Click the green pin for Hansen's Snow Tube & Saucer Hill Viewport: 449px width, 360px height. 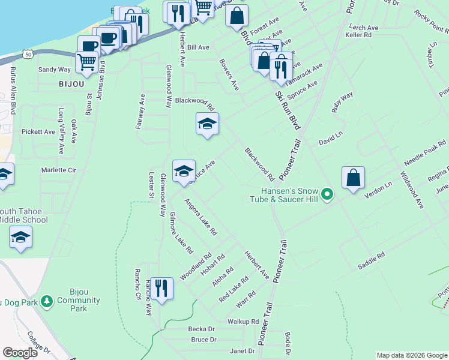pos(327,194)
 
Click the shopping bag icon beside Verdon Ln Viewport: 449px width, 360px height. pos(354,178)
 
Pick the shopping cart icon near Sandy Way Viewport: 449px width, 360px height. pos(88,61)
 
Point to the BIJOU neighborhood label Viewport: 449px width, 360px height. pos(71,85)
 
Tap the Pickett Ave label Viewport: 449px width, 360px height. pos(38,131)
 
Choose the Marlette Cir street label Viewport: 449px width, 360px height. pos(58,170)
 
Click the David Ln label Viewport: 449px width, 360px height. pos(331,137)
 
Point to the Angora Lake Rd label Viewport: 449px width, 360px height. pos(200,216)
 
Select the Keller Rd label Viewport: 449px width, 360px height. pos(358,35)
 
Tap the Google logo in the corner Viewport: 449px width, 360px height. pos(20,353)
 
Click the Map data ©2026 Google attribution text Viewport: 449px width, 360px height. pos(411,355)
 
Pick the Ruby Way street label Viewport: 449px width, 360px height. pos(343,102)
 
